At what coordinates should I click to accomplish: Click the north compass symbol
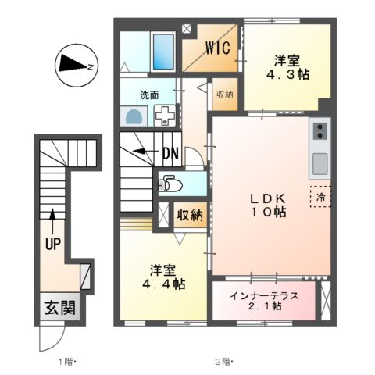click(74, 66)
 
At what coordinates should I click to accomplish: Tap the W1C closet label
click(217, 48)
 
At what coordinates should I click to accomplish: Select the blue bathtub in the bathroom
click(164, 50)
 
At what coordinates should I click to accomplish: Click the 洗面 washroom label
click(149, 95)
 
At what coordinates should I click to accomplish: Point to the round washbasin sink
click(134, 117)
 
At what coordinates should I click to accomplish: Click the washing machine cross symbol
click(164, 115)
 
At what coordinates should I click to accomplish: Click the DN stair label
click(171, 152)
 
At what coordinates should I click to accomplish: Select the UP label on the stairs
click(52, 244)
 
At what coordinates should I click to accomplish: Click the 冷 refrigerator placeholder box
click(320, 195)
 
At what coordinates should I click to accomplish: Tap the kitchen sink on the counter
click(319, 165)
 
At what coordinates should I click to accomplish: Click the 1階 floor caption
click(66, 362)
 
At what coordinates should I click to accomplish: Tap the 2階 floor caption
click(223, 362)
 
